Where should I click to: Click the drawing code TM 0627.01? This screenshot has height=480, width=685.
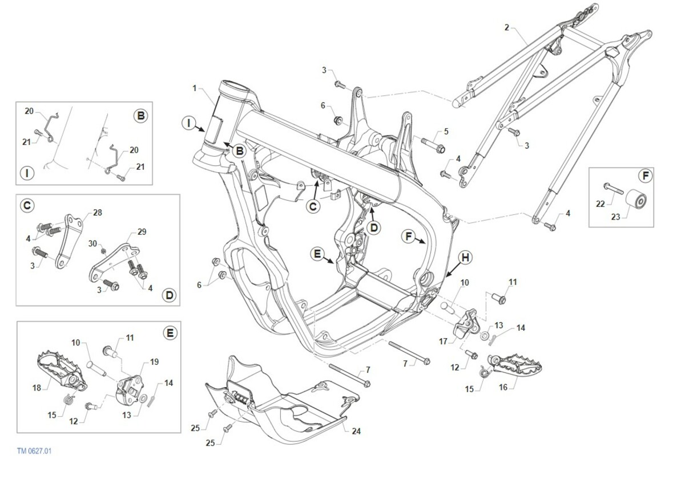click(x=34, y=451)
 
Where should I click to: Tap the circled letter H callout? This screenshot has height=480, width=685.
click(x=465, y=258)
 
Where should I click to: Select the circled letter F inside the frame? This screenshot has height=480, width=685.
click(x=409, y=236)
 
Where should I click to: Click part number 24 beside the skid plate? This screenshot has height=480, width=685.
click(x=356, y=432)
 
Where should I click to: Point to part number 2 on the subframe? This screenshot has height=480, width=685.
click(x=507, y=27)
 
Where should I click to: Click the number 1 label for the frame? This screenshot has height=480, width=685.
click(x=195, y=88)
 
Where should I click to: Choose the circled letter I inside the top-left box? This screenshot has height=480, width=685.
click(x=27, y=173)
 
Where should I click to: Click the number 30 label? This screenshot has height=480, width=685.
click(x=92, y=243)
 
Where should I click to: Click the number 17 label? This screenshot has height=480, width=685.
click(x=444, y=342)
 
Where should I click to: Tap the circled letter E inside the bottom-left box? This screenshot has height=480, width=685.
click(x=170, y=333)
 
